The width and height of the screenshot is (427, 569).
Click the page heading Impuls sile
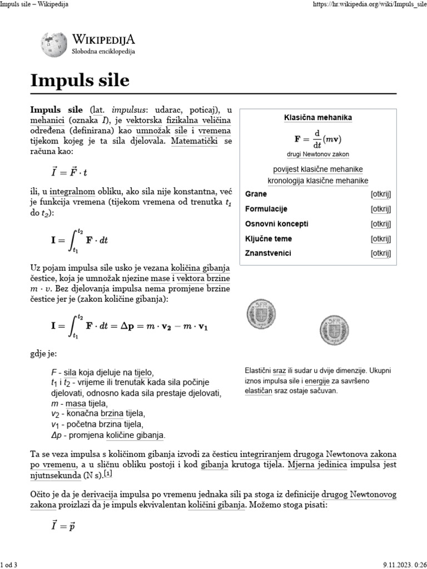point(80,81)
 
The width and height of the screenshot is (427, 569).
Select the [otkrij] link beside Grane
point(381,194)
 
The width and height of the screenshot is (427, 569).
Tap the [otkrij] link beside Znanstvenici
point(381,253)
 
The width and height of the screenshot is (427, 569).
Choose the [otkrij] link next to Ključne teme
point(381,239)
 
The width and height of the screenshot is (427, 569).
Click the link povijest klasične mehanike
point(318,169)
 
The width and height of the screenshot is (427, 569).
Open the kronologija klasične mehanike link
point(318,181)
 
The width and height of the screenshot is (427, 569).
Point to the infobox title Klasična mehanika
point(318,118)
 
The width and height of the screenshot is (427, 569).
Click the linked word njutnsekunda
point(55,476)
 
